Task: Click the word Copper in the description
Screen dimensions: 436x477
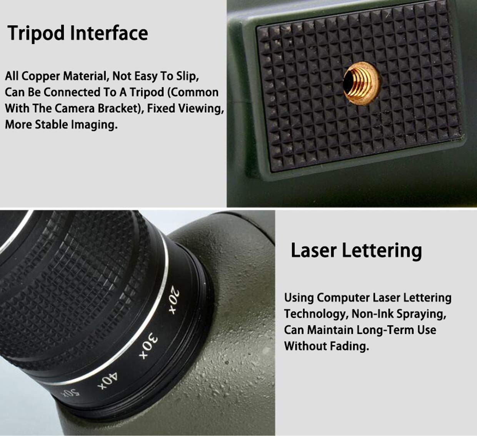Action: point(41,76)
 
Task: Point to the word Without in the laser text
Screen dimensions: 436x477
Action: point(304,346)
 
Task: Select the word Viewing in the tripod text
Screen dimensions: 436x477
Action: point(204,109)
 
